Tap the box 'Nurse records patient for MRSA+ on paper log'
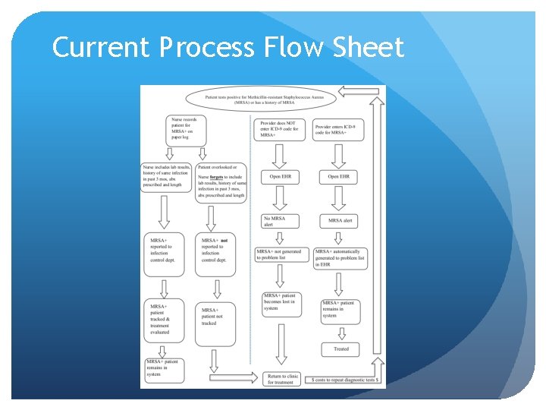tap(188, 130)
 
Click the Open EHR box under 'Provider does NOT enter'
tap(280, 177)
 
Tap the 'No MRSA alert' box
tap(280, 221)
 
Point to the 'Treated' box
tap(341, 349)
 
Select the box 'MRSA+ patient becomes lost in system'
tap(280, 303)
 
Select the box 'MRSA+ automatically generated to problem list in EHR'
tap(340, 258)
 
